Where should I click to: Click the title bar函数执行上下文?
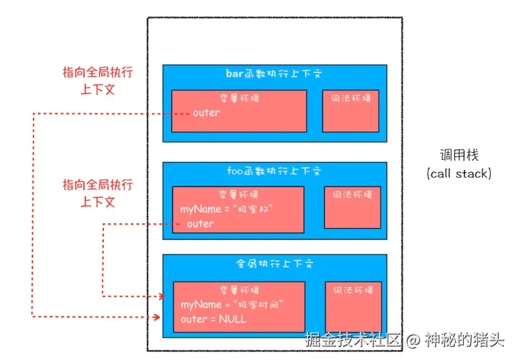(274, 74)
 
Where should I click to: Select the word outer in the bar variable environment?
(206, 113)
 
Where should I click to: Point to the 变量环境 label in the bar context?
(239, 98)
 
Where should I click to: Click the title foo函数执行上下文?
(274, 171)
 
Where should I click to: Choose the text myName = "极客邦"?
(227, 209)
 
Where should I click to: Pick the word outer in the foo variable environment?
(200, 224)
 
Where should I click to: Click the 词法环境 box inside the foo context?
(353, 207)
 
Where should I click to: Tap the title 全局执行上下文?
(274, 263)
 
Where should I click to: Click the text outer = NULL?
(213, 319)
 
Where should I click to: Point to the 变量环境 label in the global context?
(239, 290)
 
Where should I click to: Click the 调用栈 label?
(459, 155)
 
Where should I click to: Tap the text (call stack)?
(459, 173)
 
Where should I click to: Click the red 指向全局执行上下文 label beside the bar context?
(97, 81)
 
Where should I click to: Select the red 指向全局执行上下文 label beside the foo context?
(97, 193)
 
